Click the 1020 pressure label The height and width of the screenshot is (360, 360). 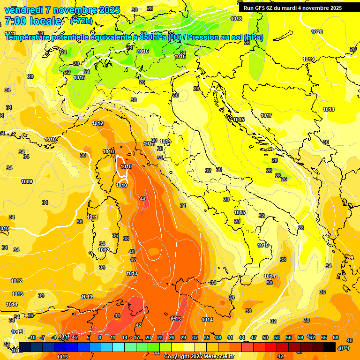tap(317, 32)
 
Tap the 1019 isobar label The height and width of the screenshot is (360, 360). tap(308, 59)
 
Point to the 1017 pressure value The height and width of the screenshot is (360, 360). tap(266, 115)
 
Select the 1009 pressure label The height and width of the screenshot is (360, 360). tap(27, 181)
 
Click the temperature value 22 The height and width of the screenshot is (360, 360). tap(67, 72)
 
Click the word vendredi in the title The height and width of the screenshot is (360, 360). tap(23, 10)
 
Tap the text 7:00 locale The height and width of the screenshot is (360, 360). tap(33, 21)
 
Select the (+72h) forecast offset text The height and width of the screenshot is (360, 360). tap(81, 21)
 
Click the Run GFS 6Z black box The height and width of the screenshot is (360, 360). tap(292, 7)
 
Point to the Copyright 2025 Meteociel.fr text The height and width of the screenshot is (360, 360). tap(199, 356)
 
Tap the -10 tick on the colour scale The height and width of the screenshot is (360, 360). tap(32, 337)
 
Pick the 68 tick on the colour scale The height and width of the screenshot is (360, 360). tap(336, 337)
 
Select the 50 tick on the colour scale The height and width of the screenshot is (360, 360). tap(265, 337)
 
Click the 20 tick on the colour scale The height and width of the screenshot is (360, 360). tap(148, 337)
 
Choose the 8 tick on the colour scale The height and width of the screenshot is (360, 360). tap(100, 337)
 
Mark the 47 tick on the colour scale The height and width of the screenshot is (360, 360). tap(254, 337)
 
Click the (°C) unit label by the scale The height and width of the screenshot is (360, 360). tap(344, 348)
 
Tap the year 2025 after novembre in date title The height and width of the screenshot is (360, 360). tap(108, 10)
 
